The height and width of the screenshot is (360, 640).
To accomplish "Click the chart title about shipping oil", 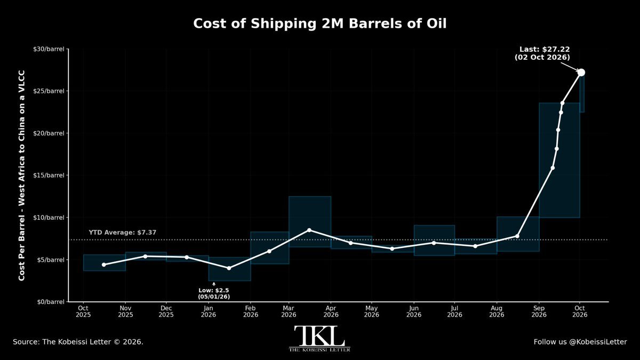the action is tap(319, 23).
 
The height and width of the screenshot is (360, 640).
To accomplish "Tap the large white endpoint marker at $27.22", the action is tap(581, 73).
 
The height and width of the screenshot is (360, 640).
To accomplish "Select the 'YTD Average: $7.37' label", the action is tap(123, 233).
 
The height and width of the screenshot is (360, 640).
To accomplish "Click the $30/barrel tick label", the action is tap(49, 49).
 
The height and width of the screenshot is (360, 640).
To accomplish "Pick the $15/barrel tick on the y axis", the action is tap(49, 175).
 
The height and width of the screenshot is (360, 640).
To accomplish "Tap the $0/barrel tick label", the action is tap(51, 302).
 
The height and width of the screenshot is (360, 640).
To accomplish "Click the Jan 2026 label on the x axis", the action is tap(209, 311).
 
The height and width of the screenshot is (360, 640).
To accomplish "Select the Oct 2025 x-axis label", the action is tap(83, 311).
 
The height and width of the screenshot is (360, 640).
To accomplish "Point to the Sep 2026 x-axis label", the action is tap(539, 311).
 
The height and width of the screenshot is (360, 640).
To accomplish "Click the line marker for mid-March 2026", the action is tap(309, 230).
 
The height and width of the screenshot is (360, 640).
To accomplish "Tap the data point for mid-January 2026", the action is tap(229, 268).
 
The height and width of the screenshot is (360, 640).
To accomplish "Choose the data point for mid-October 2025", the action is tap(103, 265).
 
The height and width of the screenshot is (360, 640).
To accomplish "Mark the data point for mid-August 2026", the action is tap(517, 236).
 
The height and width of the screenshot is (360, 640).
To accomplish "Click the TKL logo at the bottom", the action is tap(319, 339).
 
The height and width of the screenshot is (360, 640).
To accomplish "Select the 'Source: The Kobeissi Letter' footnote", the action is tap(78, 342).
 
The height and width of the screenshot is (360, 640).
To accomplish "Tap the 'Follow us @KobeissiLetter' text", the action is tap(580, 342).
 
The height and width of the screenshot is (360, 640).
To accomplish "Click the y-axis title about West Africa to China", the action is tap(22, 175).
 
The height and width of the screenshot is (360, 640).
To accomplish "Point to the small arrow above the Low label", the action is tap(214, 284).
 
